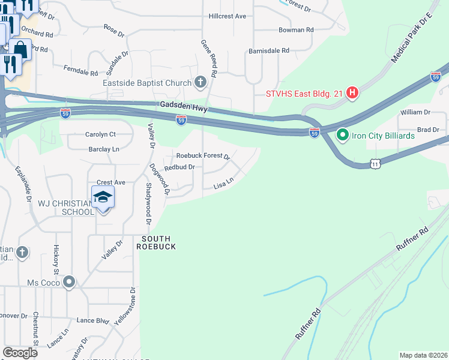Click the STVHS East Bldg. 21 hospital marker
(353, 93)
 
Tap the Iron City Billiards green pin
(343, 136)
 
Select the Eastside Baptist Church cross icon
(200, 82)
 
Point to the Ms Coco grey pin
(70, 282)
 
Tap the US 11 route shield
(375, 163)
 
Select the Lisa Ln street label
(223, 186)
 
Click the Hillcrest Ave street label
(228, 16)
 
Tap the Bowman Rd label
(296, 29)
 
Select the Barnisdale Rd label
(269, 50)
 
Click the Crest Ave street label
(110, 182)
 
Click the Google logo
(20, 353)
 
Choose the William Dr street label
(416, 112)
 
